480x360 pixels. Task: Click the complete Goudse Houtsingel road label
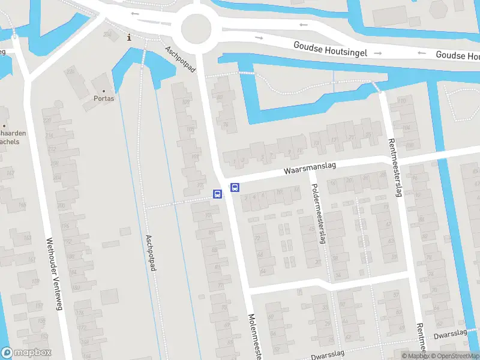[x=331, y=46]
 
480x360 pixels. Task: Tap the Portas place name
[x=104, y=98]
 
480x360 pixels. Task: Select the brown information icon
[x=129, y=38]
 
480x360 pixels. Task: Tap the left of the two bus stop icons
[x=217, y=194]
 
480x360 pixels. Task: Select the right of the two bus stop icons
[x=235, y=187]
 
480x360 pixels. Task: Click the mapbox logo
[x=26, y=353]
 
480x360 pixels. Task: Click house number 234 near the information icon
[x=107, y=34]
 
